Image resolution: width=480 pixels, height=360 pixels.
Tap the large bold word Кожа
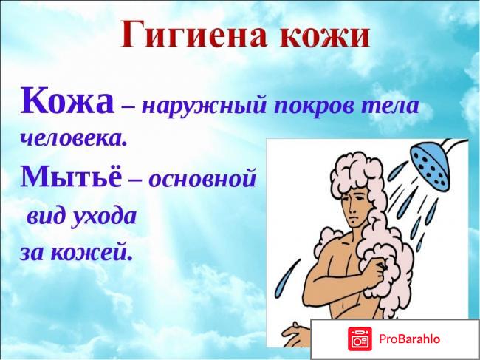pos(67,102)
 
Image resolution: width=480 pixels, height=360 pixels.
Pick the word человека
pos(73,137)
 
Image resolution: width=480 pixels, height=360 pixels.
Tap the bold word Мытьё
pos(69,177)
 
